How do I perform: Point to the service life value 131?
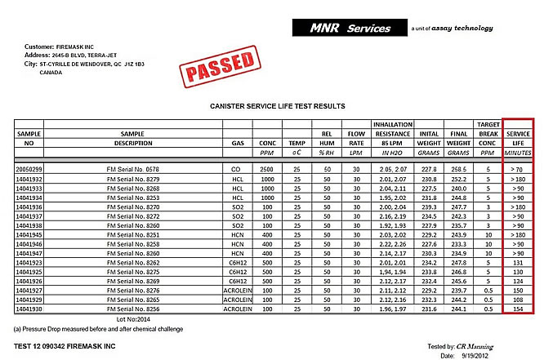[518, 264]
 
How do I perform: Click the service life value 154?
[518, 311]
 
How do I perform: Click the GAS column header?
[237, 142]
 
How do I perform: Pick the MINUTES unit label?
[518, 152]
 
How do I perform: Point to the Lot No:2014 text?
[134, 321]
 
